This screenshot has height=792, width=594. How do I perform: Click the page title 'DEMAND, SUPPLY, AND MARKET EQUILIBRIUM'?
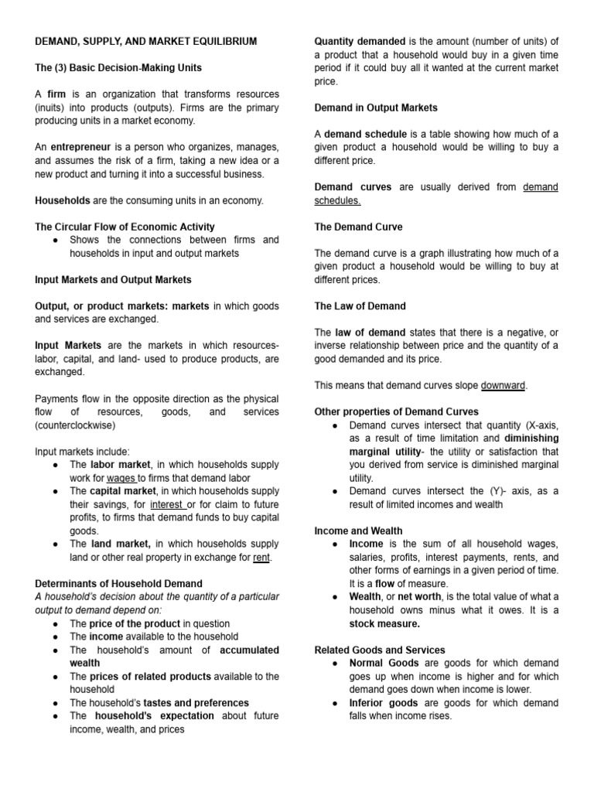pos(147,41)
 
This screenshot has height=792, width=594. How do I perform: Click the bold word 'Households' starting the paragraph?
pos(63,200)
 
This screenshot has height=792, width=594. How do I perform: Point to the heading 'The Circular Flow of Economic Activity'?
pos(125,227)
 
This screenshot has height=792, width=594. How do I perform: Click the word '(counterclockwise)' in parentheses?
pos(74,425)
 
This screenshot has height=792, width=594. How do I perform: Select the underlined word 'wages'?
pos(121,479)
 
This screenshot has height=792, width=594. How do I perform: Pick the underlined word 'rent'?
pos(261,558)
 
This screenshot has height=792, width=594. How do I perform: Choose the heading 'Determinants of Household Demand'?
pos(119,584)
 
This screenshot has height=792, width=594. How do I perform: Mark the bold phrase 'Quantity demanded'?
pos(359,41)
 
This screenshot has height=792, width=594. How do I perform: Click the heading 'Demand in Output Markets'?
pos(376,108)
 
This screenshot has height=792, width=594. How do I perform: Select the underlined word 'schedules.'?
pos(337,200)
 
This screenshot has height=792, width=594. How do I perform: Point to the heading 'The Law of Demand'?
pos(360,306)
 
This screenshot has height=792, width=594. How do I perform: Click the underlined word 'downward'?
pos(503,385)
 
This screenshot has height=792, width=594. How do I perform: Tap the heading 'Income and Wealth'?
pos(358,531)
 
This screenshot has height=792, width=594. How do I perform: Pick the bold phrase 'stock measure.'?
pos(384,623)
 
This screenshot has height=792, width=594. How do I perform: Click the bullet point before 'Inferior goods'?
pos(334,703)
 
